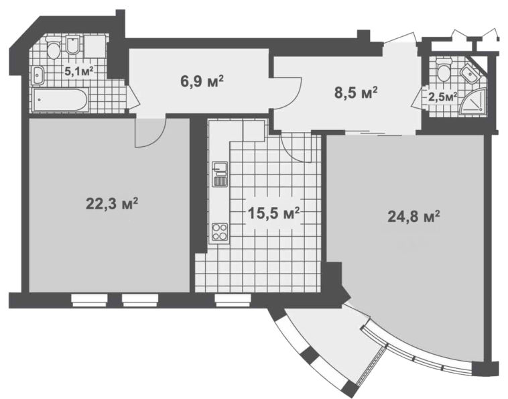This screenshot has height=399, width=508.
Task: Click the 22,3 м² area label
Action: pyautogui.click(x=112, y=204)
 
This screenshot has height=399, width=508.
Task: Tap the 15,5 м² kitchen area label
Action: pyautogui.click(x=273, y=213)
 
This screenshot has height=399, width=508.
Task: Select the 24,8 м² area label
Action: pyautogui.click(x=414, y=217)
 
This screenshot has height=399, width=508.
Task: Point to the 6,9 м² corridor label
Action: pyautogui.click(x=202, y=81)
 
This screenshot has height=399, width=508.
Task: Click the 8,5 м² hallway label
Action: pyautogui.click(x=356, y=93)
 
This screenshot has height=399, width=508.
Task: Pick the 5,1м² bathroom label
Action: pyautogui.click(x=79, y=71)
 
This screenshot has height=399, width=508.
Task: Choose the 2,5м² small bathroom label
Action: pyautogui.click(x=442, y=97)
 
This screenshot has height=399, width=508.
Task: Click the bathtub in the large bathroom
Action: pyautogui.click(x=60, y=100)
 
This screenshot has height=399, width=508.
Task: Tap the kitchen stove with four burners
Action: pyautogui.click(x=220, y=232)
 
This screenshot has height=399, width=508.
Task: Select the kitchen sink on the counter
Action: pyautogui.click(x=220, y=174)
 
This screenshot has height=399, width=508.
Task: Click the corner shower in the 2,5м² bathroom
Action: pyautogui.click(x=473, y=101)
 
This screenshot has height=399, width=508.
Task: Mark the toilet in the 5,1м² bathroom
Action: pyautogui.click(x=54, y=48)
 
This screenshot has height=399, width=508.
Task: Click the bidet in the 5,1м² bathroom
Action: pyautogui.click(x=73, y=45)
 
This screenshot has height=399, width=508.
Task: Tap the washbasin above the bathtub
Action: pyautogui.click(x=38, y=76)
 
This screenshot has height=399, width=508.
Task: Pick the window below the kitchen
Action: pyautogui.click(x=233, y=300)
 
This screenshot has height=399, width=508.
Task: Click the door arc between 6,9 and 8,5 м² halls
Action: pyautogui.click(x=296, y=97)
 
